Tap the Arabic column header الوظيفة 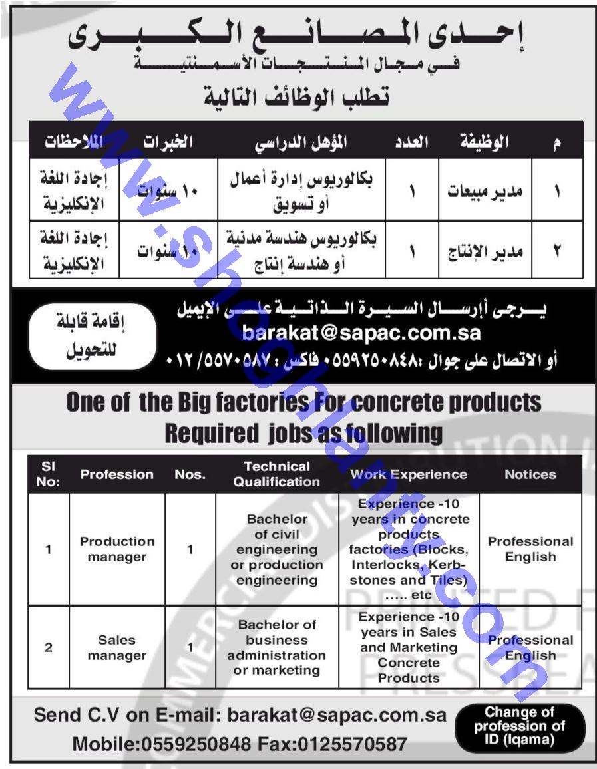[x=484, y=142]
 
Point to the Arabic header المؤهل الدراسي [x=302, y=142]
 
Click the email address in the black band [x=361, y=332]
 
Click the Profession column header [x=116, y=474]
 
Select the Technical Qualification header [x=277, y=474]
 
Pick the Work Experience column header [x=409, y=474]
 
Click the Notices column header [x=530, y=474]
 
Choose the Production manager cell [x=116, y=549]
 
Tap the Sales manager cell [x=116, y=647]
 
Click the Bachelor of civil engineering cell [x=277, y=549]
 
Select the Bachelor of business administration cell [x=277, y=647]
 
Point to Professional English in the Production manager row [x=530, y=549]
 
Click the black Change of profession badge [x=520, y=727]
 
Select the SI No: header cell [x=48, y=474]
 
